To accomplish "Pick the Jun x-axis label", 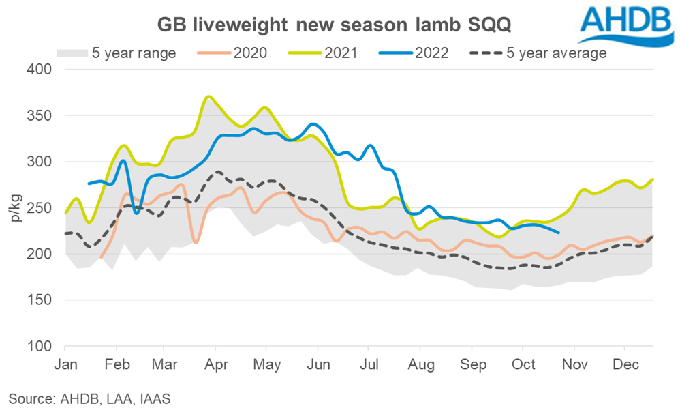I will (318, 364).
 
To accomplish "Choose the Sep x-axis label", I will (473, 364).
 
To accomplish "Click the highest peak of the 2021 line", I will (209, 96).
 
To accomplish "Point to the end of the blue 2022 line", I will (559, 233).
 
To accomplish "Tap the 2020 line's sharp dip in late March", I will (196, 242).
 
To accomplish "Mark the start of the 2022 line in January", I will (89, 184).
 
